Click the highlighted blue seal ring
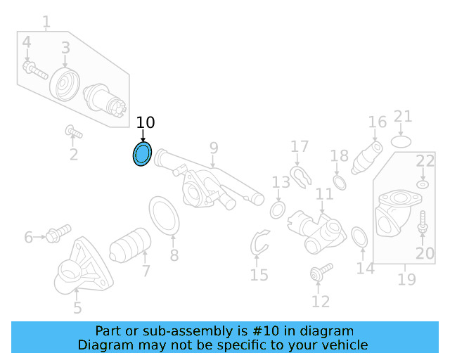click(143, 154)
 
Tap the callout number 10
click(145, 122)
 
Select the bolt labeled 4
click(34, 70)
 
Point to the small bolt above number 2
click(73, 131)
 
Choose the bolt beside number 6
click(57, 233)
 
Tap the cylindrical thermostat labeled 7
click(131, 244)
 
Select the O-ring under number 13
click(277, 210)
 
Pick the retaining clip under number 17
click(300, 175)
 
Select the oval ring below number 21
click(401, 141)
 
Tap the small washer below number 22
click(423, 184)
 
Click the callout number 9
click(213, 148)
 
